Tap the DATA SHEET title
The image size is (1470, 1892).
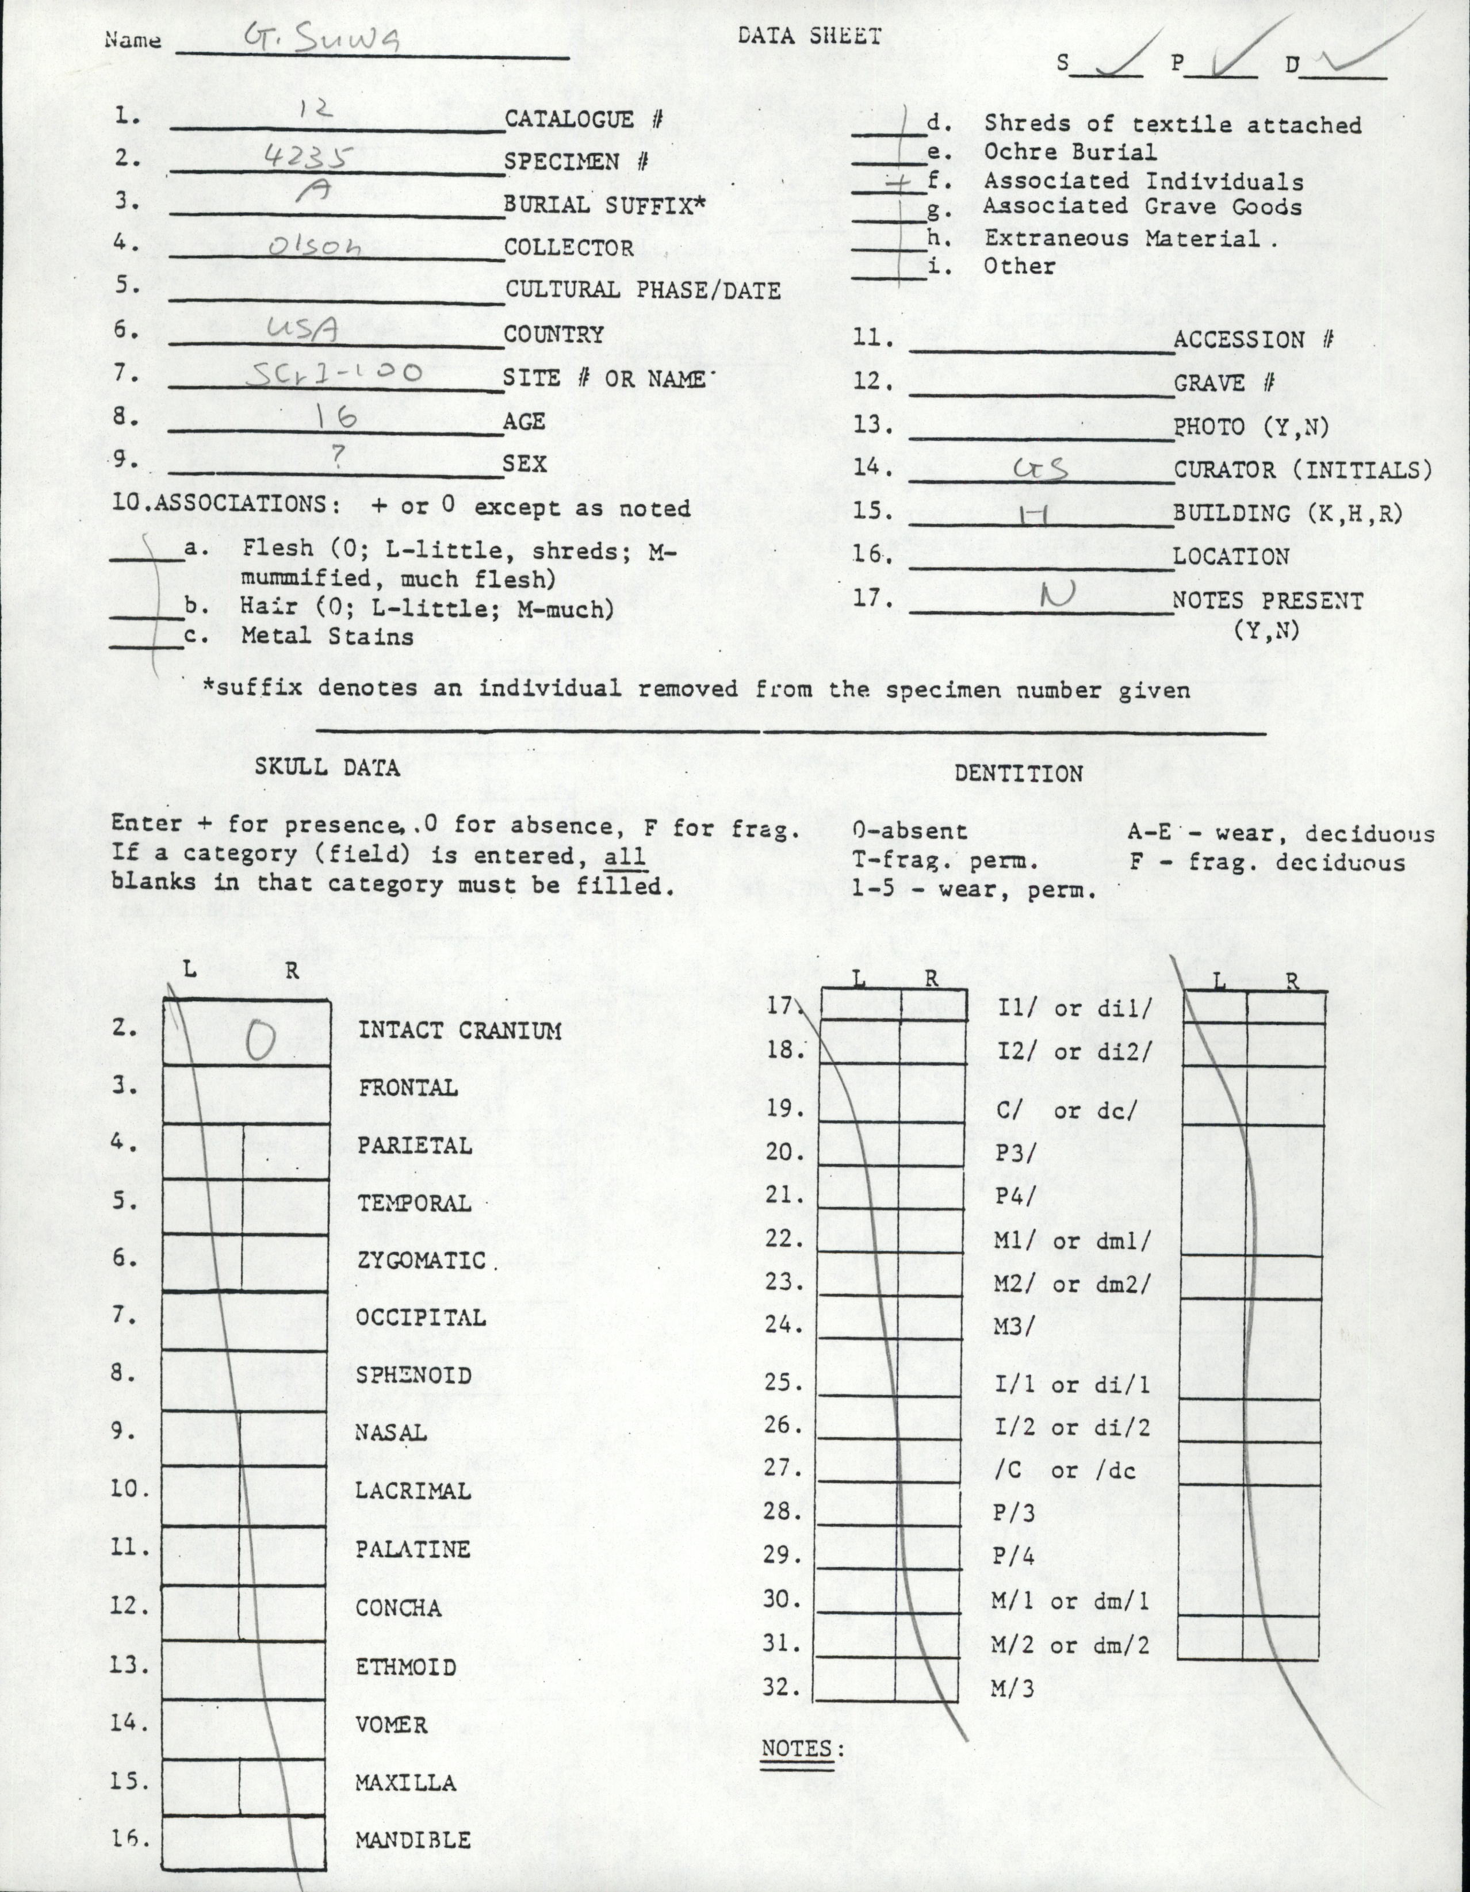(809, 36)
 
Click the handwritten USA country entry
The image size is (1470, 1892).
(303, 328)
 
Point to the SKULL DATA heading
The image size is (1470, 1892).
(327, 767)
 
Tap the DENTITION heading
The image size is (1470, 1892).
(1018, 773)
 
